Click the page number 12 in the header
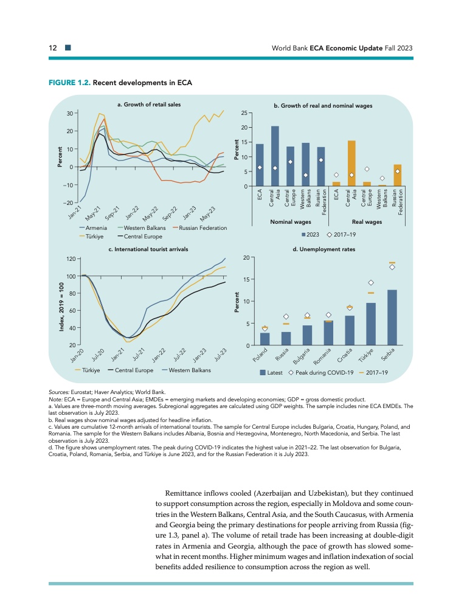[x=54, y=47]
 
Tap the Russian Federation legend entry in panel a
[x=199, y=227]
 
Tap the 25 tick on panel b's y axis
[x=244, y=113]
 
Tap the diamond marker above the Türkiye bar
[x=370, y=283]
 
